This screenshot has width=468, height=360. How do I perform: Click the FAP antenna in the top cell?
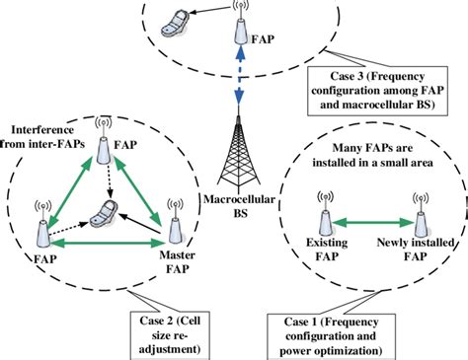[240, 29]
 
